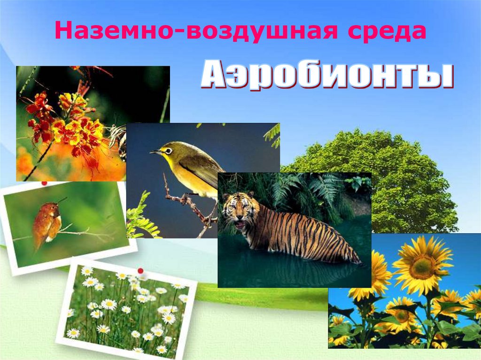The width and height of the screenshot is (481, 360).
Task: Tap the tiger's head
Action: [238, 212]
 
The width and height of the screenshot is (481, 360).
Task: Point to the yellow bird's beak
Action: [155, 152]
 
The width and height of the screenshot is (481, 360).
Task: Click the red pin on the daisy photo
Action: [140, 271]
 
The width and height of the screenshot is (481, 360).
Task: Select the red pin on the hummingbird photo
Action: [45, 183]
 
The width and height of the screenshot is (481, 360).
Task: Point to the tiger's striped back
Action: [301, 225]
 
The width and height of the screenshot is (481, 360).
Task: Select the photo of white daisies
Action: [127, 310]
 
